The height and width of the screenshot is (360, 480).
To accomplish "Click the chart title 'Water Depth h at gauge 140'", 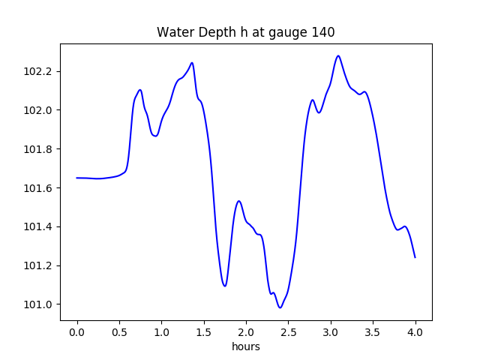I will point(245,32).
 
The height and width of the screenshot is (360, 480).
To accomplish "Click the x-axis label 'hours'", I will point(245,346).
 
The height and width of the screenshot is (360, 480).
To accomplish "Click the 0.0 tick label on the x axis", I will point(77,331).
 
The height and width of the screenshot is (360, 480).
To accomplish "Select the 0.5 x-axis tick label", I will point(119,331).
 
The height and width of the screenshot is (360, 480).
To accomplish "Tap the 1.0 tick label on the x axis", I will point(161,331).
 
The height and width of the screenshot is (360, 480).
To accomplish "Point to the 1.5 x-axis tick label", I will point(204,331).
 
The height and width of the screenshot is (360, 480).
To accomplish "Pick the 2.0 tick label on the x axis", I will point(246,331).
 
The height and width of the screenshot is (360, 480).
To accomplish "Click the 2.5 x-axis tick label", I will point(289,331).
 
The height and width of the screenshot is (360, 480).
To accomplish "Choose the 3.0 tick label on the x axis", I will point(331,331).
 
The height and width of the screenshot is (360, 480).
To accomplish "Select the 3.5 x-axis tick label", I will point(373,331).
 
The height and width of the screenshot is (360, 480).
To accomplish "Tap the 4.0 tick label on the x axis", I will point(415,331).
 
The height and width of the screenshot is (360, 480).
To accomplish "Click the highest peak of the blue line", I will point(338,55).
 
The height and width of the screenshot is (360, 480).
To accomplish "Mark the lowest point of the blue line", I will point(280,307).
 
